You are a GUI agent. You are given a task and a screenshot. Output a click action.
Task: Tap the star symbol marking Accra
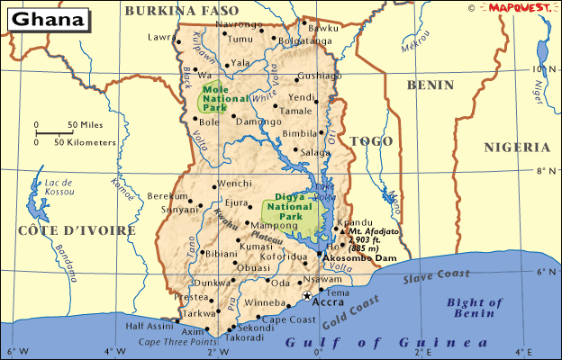307,295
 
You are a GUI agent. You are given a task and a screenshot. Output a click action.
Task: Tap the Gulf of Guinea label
387,343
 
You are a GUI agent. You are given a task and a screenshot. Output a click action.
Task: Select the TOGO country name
371,141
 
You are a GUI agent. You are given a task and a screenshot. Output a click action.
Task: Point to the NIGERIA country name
516,147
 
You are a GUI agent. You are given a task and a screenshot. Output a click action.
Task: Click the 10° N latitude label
542,68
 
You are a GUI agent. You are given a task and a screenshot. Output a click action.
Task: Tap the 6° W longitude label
13,352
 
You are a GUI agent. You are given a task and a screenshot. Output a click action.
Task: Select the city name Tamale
296,111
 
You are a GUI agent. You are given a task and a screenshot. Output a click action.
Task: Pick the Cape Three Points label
177,343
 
